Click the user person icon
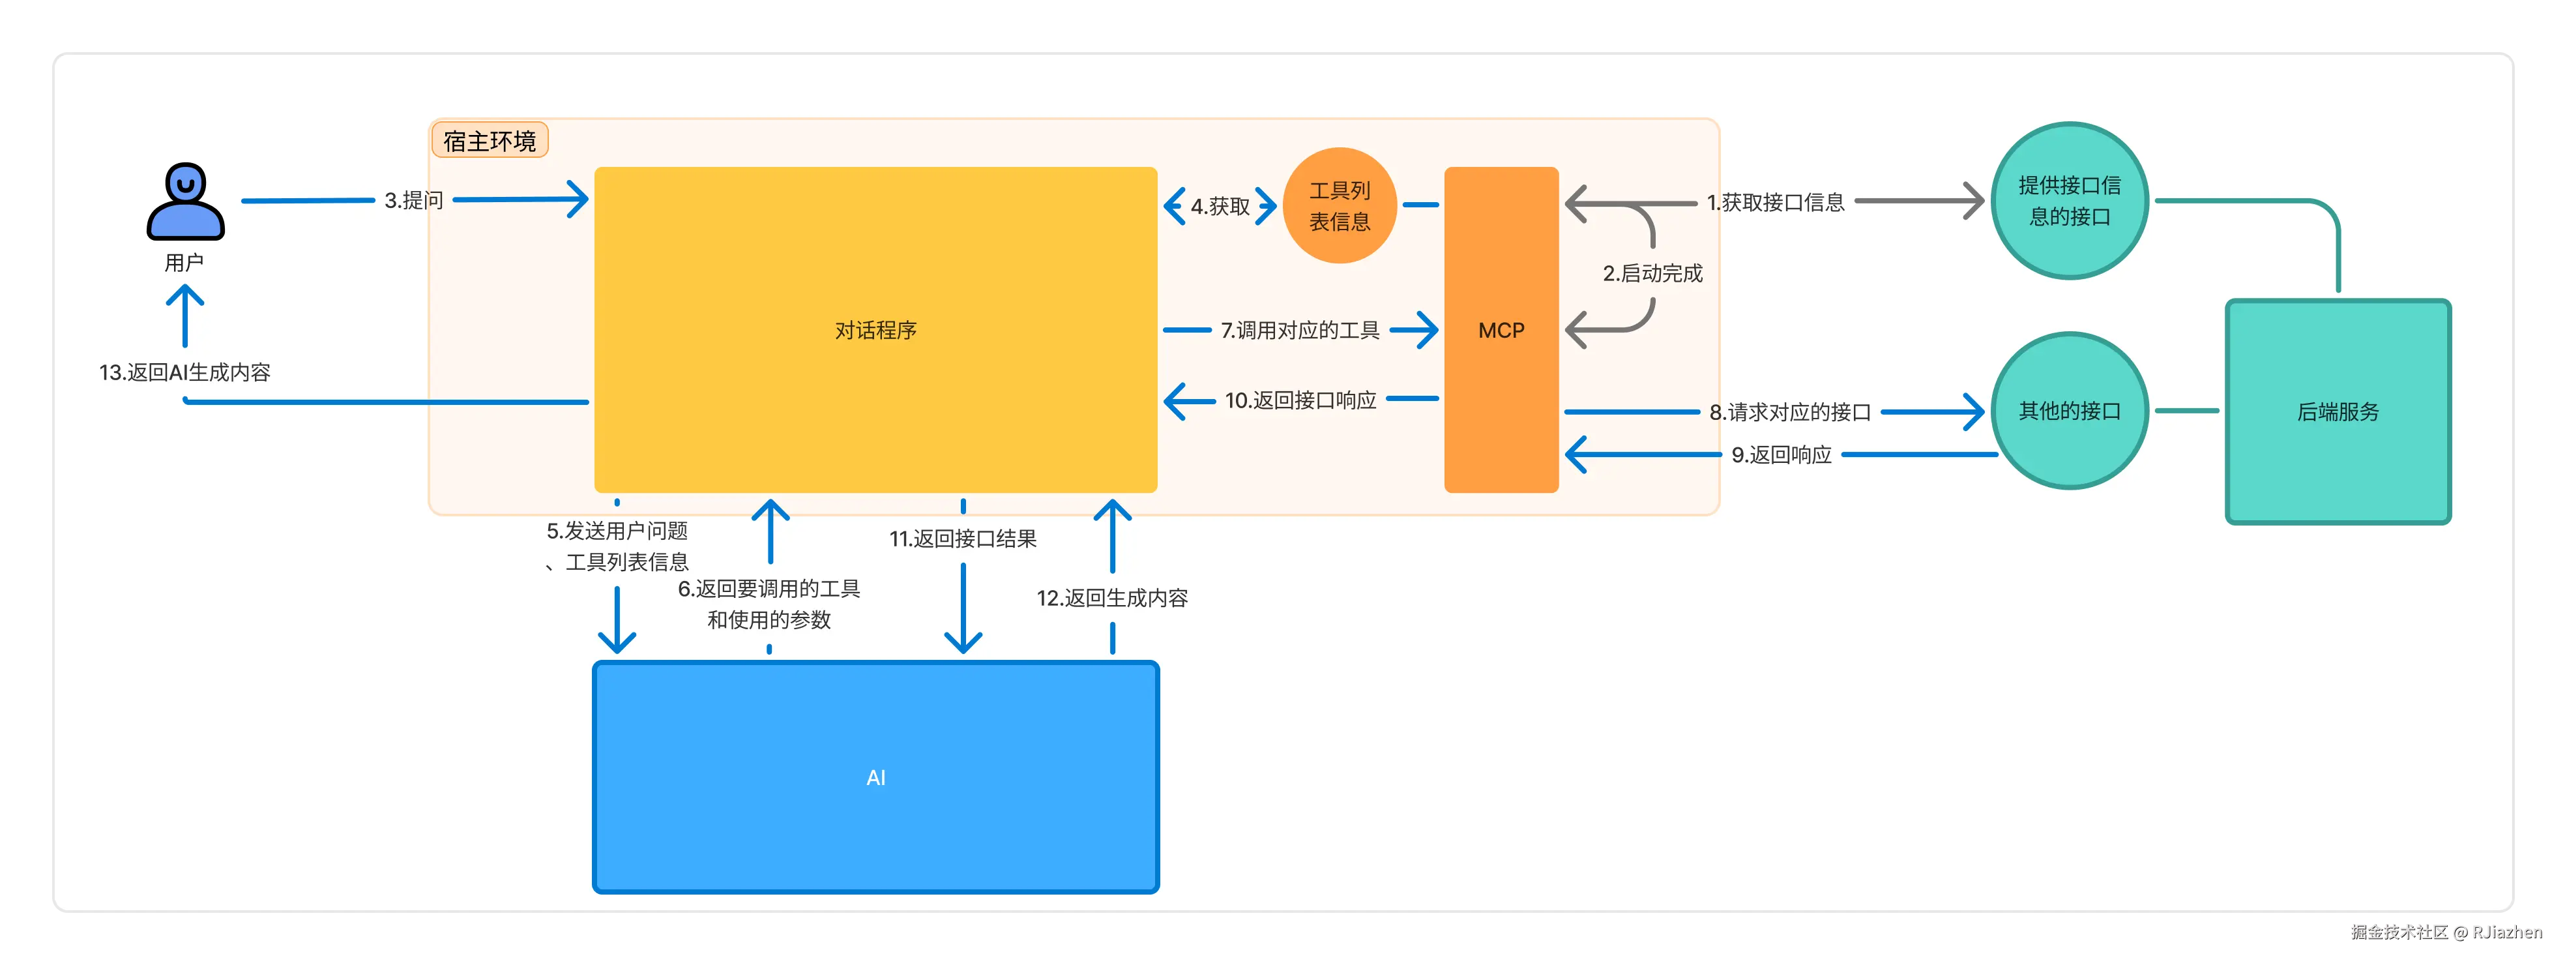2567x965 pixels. click(185, 201)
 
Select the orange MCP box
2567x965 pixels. click(1501, 329)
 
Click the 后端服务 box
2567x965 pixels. click(2338, 411)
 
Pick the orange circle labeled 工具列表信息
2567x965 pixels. click(1340, 205)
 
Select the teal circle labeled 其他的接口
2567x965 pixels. click(2070, 411)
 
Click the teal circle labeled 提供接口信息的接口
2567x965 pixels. click(2070, 200)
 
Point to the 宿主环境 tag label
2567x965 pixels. click(490, 141)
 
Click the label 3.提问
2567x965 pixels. click(413, 200)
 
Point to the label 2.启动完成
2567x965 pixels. click(1652, 273)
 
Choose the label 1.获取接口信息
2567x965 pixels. click(1775, 202)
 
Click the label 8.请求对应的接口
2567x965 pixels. click(1790, 411)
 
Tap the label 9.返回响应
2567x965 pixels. click(1781, 454)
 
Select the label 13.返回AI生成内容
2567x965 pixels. click(184, 372)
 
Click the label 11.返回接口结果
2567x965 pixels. click(963, 539)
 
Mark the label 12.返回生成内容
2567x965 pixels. click(1112, 598)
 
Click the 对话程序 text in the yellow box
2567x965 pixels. click(876, 330)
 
